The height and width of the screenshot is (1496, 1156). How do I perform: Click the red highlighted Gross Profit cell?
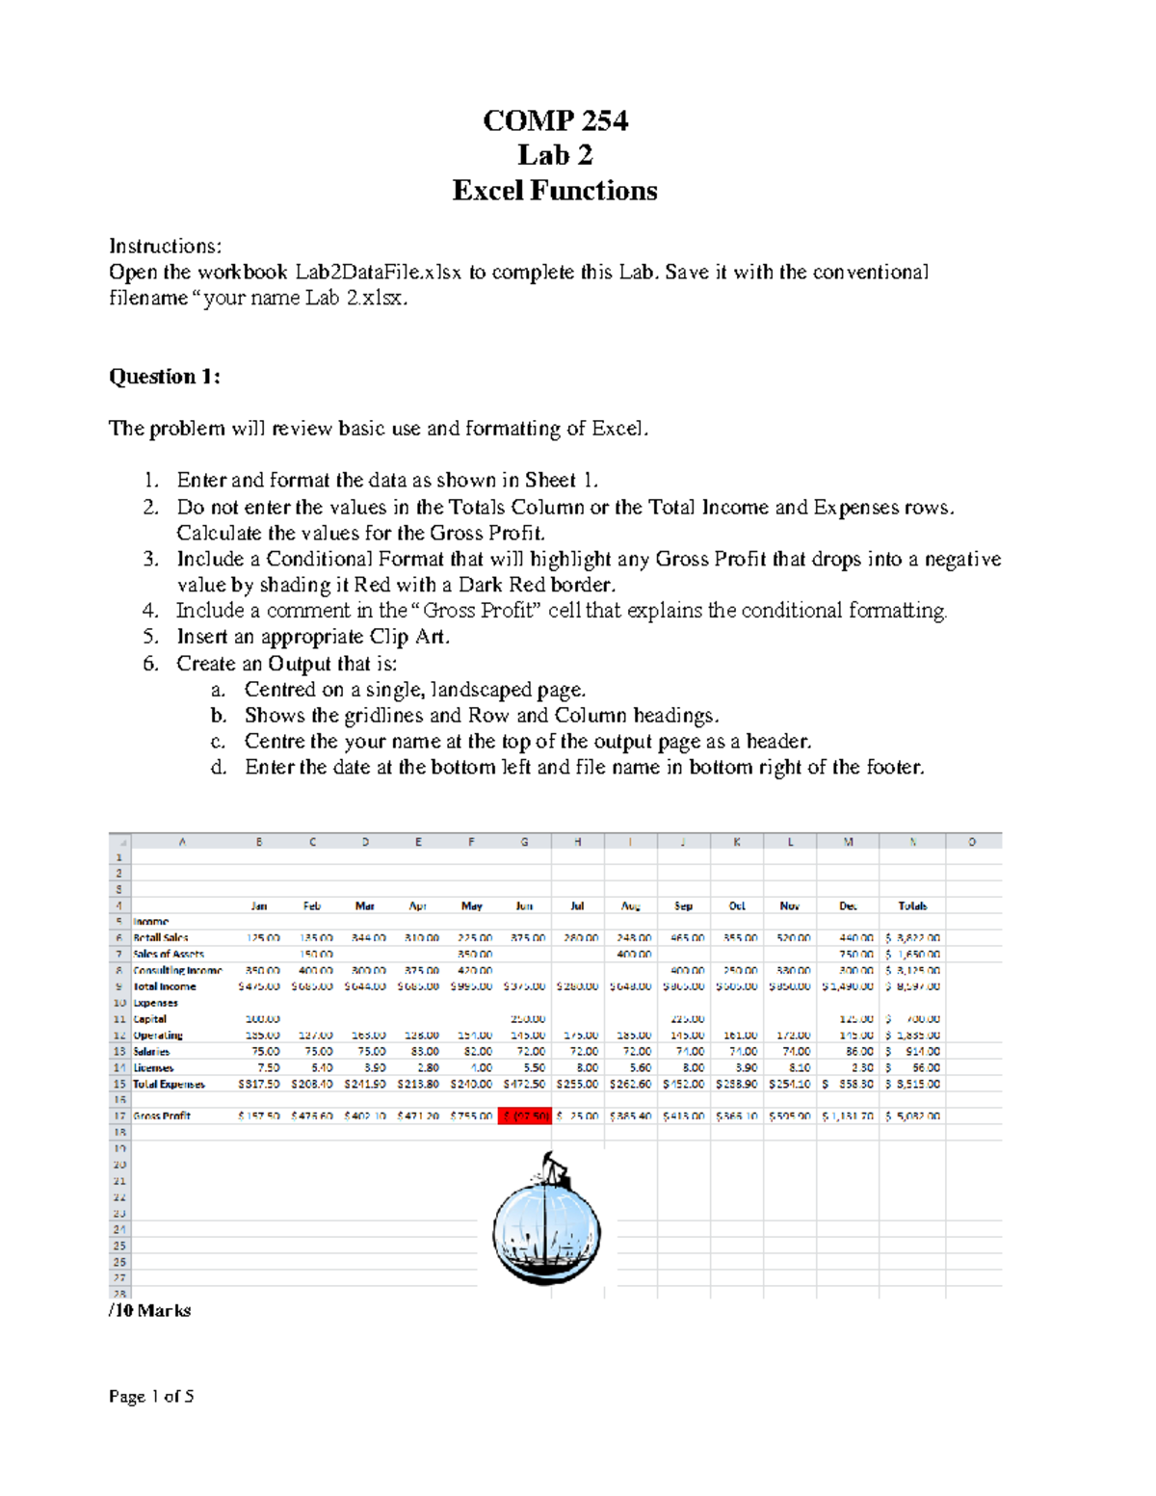[525, 1115]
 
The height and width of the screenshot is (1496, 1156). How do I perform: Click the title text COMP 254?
[555, 120]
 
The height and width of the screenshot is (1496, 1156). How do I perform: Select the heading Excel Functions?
[555, 191]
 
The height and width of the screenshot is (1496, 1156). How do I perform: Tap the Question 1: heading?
[165, 377]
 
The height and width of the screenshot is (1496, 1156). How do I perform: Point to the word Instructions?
[165, 246]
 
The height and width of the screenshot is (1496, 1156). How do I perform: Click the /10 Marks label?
[150, 1310]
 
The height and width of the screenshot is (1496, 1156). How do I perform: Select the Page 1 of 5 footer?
[151, 1396]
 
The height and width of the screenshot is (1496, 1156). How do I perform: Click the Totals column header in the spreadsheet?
[911, 905]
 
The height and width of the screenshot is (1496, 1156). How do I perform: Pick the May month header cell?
[471, 905]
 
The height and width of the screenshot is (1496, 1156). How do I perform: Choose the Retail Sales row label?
[161, 937]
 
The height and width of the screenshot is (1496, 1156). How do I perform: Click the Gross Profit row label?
[162, 1115]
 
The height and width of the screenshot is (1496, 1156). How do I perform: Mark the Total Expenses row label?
[169, 1084]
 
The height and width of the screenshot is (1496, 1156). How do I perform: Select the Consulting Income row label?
[177, 970]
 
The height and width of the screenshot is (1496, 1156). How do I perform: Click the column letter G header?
[524, 841]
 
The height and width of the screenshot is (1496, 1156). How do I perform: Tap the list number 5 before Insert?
[149, 637]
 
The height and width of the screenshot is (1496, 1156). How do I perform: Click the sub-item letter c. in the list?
[218, 741]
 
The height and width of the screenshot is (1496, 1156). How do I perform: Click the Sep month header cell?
[683, 905]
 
